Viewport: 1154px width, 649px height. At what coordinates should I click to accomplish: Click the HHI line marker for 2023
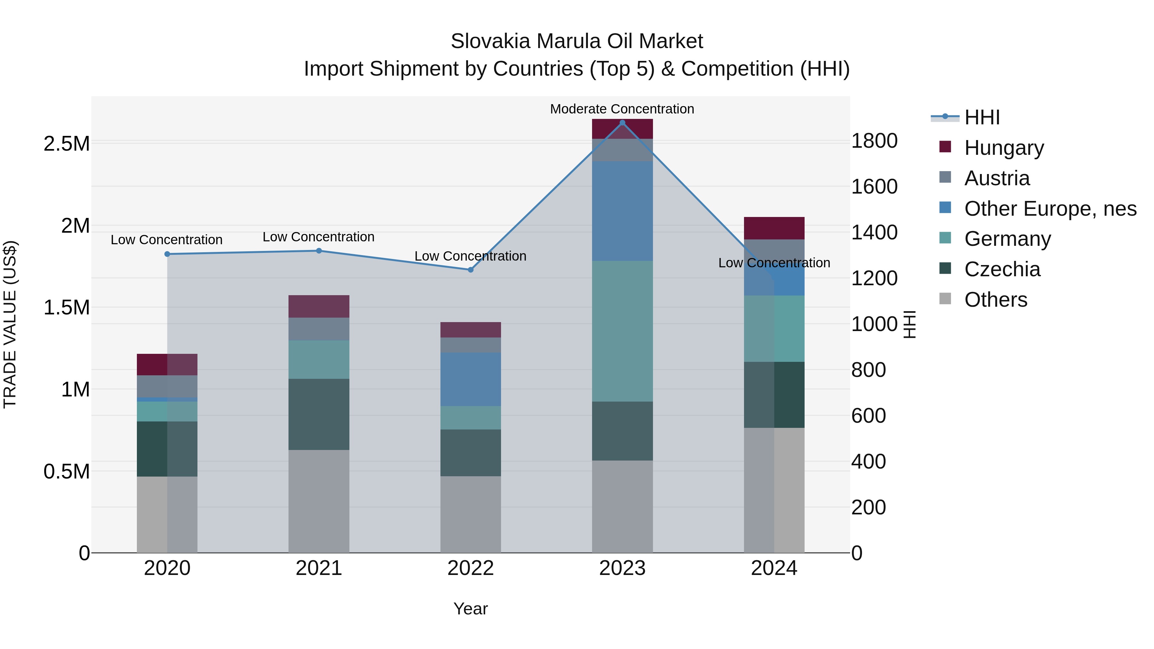622,123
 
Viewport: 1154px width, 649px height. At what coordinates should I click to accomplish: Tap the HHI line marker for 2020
167,254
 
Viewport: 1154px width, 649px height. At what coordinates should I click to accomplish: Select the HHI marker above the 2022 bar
470,270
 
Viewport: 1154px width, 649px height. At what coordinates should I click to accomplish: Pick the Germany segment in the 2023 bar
622,331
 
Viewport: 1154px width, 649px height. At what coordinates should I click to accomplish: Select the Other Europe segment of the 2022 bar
470,379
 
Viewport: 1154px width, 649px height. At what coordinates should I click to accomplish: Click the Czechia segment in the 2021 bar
319,414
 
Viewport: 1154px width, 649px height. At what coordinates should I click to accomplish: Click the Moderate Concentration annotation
622,109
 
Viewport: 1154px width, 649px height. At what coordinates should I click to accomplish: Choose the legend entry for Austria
996,178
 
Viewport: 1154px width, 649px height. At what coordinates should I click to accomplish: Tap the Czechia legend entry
1002,269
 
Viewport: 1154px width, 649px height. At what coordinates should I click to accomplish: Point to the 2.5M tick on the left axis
66,144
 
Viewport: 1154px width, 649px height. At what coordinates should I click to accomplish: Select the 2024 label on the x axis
774,568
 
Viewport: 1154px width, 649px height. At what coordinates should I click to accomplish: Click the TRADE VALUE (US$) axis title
10,324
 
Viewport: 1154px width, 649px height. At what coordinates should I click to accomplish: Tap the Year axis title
470,609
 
